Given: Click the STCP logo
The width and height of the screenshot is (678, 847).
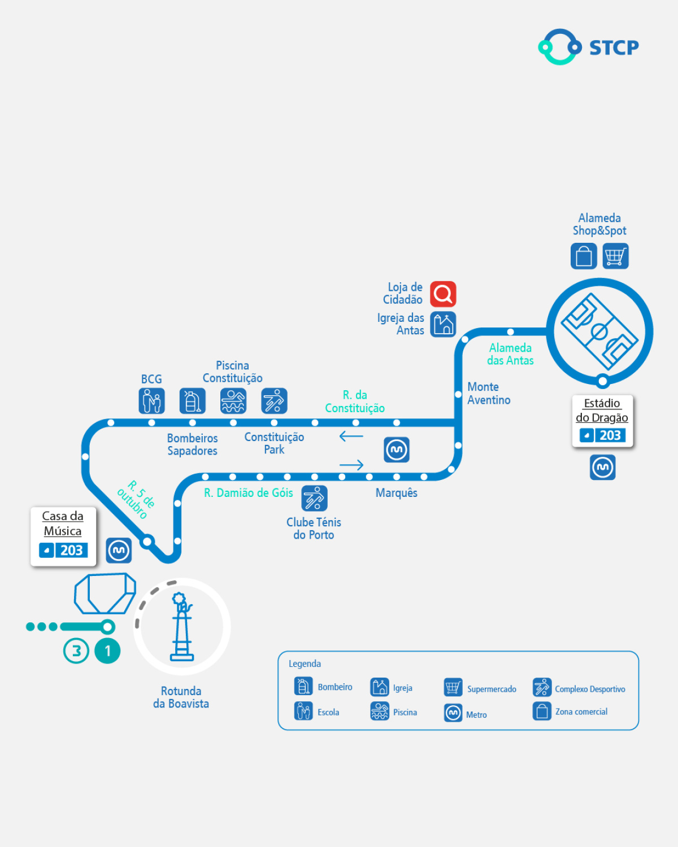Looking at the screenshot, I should coord(588,47).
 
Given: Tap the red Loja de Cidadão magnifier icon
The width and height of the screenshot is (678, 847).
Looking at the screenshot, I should coord(443,294).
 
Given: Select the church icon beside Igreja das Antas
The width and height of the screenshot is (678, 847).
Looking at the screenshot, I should coord(443,324).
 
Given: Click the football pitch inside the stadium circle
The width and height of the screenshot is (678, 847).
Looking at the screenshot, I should coord(599,331).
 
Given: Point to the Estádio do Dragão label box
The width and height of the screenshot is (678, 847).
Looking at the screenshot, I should coord(602,421).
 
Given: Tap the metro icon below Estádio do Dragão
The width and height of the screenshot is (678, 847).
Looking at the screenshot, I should coord(603,468).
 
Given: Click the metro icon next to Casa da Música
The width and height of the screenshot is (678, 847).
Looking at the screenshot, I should coord(119,550).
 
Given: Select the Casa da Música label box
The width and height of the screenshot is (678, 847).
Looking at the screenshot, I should coord(63,535).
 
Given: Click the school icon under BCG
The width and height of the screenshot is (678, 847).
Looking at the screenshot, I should coord(151,401).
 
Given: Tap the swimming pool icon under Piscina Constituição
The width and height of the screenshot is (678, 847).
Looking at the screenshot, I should coord(233,401).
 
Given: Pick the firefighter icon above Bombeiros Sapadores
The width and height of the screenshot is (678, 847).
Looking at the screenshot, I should coord(192,401).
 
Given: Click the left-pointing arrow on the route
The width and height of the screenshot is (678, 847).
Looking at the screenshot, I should coord(351,436).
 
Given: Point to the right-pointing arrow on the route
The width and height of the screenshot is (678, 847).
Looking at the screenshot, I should coord(351,465).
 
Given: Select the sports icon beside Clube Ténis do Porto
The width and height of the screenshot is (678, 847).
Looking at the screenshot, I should coord(314,499).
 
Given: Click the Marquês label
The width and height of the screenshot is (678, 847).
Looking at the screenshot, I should coord(397,493).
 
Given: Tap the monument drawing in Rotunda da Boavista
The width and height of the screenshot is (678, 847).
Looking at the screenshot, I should coord(182,627).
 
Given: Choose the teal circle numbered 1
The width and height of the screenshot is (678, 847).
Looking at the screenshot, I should coord(107,650).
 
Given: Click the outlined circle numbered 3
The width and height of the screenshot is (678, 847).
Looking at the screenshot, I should coord(76,650).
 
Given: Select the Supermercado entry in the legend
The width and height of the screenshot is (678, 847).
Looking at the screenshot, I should coord(480,688).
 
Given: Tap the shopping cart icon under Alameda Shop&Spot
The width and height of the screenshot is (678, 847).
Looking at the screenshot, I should coord(615,256).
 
